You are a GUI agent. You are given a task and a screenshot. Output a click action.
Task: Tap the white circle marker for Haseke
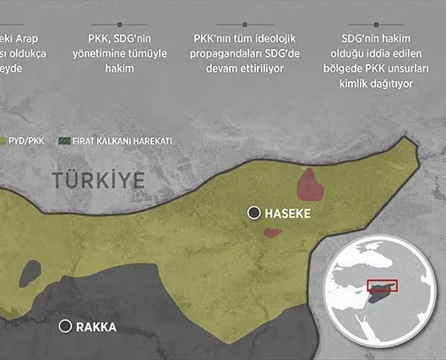pyautogui.click(x=253, y=214)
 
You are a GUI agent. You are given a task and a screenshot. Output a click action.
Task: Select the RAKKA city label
pyautogui.click(x=96, y=327)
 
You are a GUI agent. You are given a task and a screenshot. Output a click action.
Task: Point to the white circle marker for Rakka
pyautogui.click(x=64, y=326)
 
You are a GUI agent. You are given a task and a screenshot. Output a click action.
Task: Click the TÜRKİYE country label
pyautogui.click(x=98, y=179)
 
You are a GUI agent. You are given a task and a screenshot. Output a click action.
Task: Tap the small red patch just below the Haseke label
pyautogui.click(x=272, y=232)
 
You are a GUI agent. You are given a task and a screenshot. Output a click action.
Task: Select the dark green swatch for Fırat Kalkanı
pyautogui.click(x=64, y=141)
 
